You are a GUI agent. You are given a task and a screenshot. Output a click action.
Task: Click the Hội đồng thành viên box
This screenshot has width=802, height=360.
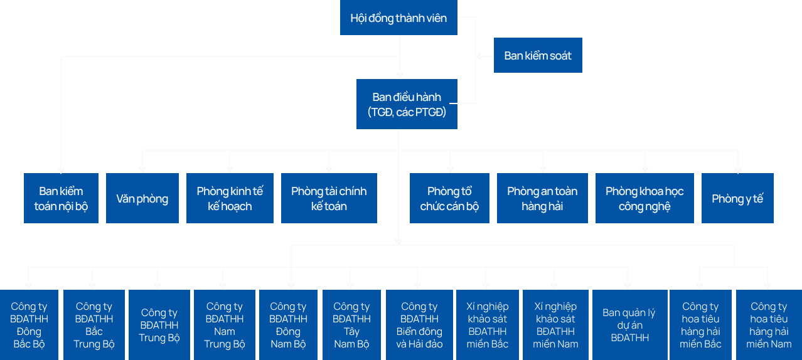[398, 18]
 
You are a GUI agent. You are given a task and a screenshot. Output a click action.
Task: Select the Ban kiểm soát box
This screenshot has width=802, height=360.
[538, 55]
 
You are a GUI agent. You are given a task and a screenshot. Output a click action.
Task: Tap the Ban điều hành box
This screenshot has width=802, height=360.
[407, 104]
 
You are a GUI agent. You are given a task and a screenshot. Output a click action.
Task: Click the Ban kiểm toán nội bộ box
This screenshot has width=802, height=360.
[61, 198]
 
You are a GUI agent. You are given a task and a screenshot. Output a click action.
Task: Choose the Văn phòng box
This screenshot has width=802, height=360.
[142, 198]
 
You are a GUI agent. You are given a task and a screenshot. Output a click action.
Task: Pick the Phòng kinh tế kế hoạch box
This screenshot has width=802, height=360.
[230, 198]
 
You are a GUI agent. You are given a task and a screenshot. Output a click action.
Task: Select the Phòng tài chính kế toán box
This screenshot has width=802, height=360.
[329, 198]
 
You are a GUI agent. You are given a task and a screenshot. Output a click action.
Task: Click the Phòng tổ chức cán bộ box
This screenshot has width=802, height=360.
[449, 198]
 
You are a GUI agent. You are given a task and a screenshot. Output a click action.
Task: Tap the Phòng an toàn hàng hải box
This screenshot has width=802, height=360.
[542, 198]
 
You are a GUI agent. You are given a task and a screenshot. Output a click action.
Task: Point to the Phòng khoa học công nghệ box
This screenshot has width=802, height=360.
[644, 198]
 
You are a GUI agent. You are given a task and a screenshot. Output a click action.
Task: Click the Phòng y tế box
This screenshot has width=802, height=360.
[737, 198]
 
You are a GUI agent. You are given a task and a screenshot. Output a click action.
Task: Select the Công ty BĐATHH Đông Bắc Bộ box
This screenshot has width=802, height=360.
[29, 325]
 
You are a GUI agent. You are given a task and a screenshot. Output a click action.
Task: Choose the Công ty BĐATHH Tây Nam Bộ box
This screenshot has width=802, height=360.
[351, 325]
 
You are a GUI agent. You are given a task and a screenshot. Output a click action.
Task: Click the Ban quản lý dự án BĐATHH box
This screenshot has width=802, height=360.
[628, 325]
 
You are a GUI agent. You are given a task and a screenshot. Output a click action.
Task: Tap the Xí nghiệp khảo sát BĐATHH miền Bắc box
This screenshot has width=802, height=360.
[487, 325]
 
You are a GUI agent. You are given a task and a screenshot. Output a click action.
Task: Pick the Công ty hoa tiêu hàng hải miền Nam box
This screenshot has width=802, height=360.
[769, 325]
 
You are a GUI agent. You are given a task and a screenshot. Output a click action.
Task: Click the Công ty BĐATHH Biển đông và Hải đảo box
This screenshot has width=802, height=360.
[419, 325]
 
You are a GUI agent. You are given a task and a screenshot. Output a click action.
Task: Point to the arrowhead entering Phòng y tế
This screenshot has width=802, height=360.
[737, 169]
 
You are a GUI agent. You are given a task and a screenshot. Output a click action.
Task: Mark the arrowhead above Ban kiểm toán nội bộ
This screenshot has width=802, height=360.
[61, 169]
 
